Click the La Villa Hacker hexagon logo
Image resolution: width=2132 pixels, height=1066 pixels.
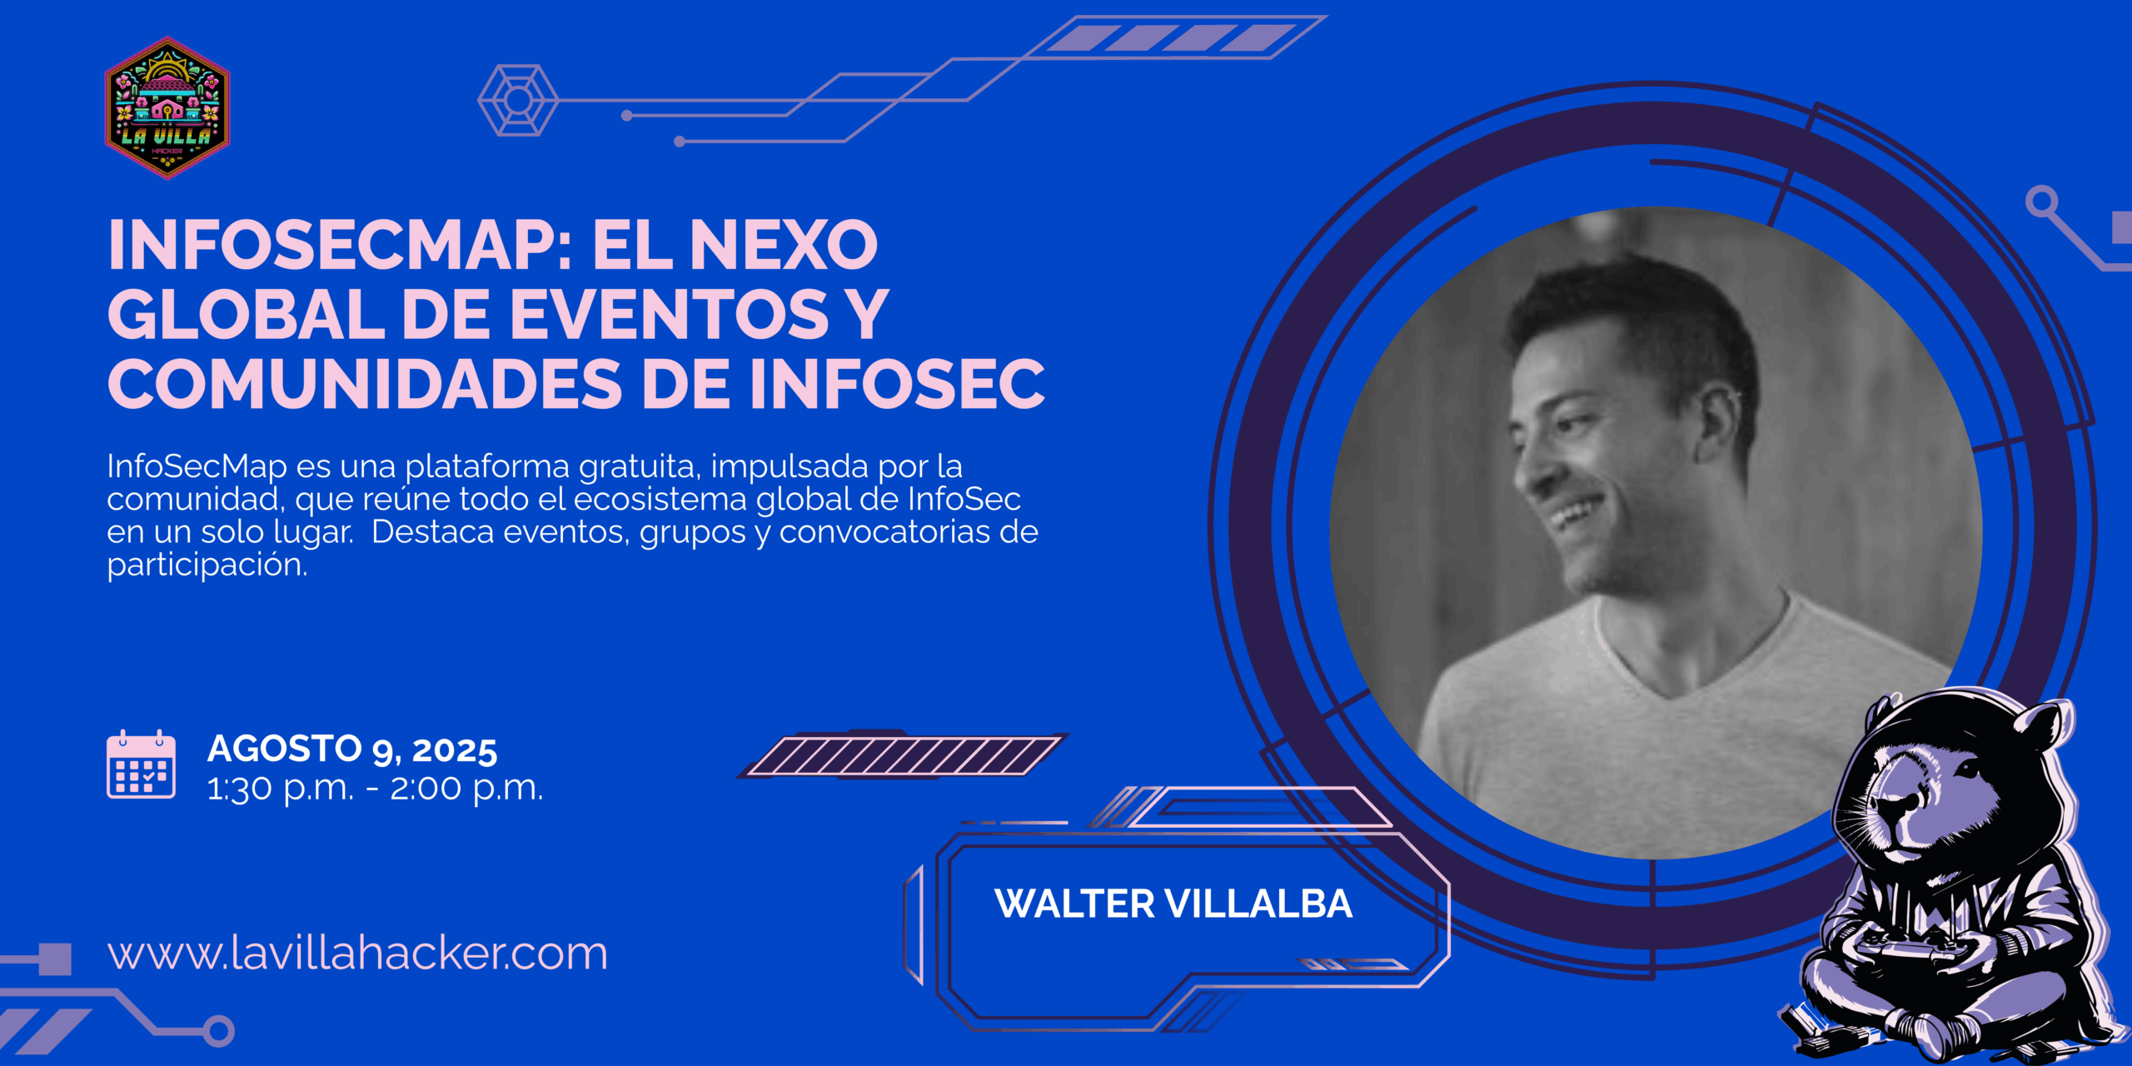click(x=167, y=107)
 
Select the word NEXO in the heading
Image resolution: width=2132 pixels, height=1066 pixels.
click(x=784, y=246)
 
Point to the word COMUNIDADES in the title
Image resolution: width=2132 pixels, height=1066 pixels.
click(x=365, y=384)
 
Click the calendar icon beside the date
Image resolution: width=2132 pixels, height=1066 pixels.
click(x=141, y=765)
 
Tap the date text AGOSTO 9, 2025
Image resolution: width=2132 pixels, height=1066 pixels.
click(x=352, y=749)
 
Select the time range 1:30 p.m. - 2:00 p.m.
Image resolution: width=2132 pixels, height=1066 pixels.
click(x=375, y=788)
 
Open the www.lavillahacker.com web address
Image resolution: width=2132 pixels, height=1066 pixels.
click(x=357, y=953)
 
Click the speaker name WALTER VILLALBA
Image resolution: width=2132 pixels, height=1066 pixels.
click(x=1173, y=904)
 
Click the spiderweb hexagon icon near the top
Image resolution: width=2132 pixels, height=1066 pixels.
click(x=518, y=100)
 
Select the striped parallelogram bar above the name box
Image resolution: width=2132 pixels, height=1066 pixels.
click(x=903, y=755)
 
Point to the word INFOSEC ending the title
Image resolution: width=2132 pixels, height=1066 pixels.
click(x=897, y=384)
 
